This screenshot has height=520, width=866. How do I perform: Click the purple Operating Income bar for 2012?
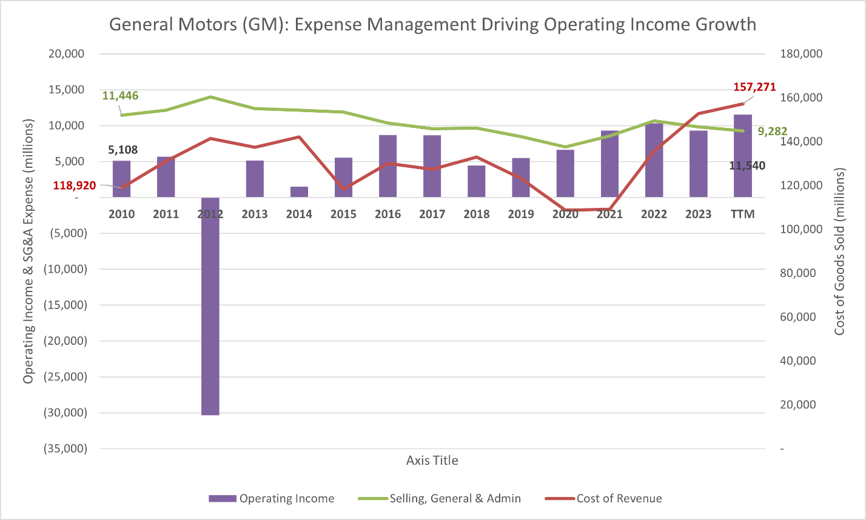210,306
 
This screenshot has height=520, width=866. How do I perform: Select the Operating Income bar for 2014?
299,192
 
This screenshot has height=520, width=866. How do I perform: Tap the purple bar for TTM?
743,156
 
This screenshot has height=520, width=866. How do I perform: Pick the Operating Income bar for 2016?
388,166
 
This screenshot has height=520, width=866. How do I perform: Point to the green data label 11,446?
120,95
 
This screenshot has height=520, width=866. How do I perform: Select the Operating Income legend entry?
286,499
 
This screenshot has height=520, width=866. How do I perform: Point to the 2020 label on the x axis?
565,214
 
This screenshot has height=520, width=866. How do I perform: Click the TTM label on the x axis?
743,214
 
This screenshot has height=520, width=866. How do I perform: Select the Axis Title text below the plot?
432,461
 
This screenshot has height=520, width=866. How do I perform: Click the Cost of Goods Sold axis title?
839,252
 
